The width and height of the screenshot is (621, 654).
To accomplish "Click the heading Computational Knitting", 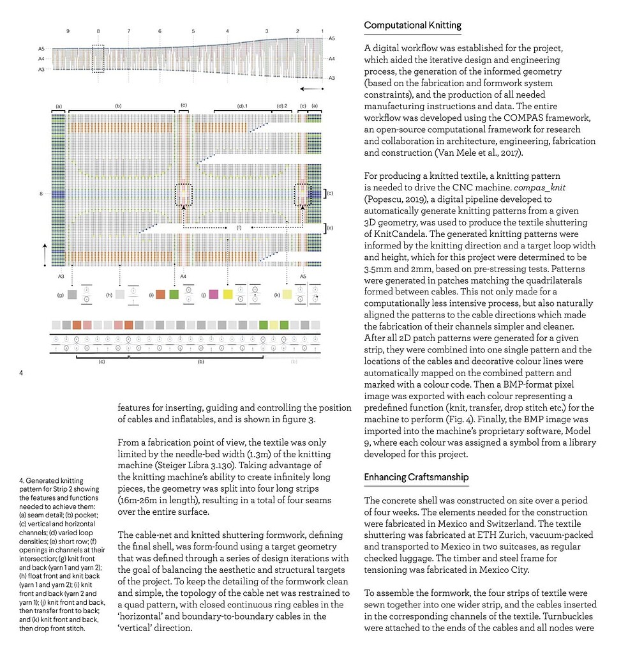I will [x=412, y=26].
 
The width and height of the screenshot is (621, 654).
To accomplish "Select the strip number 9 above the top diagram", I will [x=68, y=31].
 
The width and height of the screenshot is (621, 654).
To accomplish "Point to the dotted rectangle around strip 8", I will [x=98, y=58].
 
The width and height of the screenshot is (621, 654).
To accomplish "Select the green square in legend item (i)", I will [x=174, y=294].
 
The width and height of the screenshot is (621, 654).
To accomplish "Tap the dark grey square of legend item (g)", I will [x=72, y=294].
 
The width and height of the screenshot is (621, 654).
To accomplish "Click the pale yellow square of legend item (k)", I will [x=288, y=294].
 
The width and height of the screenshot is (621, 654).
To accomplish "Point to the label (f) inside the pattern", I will [x=239, y=227].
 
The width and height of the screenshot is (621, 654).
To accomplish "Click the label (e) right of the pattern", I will [x=330, y=228].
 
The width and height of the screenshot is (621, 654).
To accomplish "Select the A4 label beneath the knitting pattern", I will [x=183, y=276].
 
